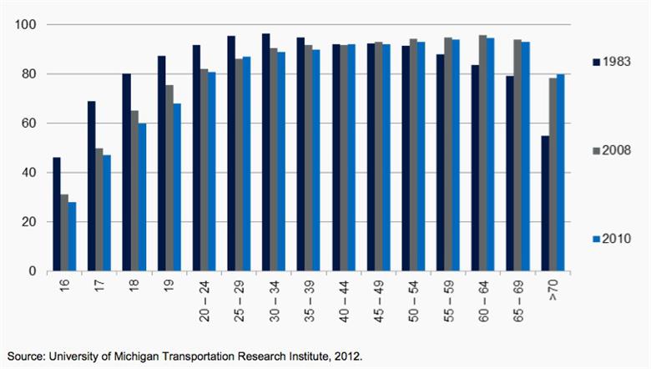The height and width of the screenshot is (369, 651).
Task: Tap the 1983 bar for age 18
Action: click(127, 172)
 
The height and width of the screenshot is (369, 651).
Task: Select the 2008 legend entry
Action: click(616, 150)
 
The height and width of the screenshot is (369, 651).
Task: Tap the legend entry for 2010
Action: click(616, 240)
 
